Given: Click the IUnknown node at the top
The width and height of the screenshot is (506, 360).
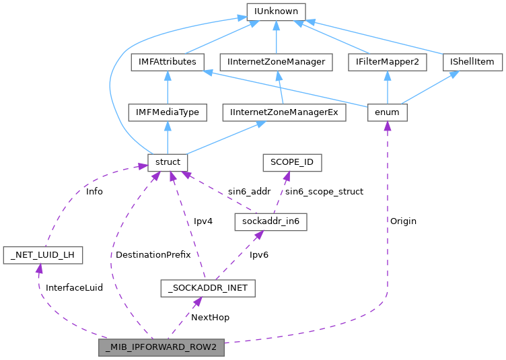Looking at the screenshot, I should point(277,11).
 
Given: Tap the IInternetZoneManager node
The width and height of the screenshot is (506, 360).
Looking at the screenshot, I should point(277,62).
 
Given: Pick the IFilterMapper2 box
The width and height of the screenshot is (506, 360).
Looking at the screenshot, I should point(387,62).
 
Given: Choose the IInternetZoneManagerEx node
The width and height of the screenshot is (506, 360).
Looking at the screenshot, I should point(283,112).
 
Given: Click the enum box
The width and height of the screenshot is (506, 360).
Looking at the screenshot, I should point(387,112).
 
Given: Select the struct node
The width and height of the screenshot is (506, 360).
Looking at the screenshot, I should point(168,163).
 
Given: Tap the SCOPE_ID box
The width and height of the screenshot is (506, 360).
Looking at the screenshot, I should point(292,163).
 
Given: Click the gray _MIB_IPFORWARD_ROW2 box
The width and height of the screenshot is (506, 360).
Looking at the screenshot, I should point(161,347).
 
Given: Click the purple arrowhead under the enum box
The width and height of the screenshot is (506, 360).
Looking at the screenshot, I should point(387,127).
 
